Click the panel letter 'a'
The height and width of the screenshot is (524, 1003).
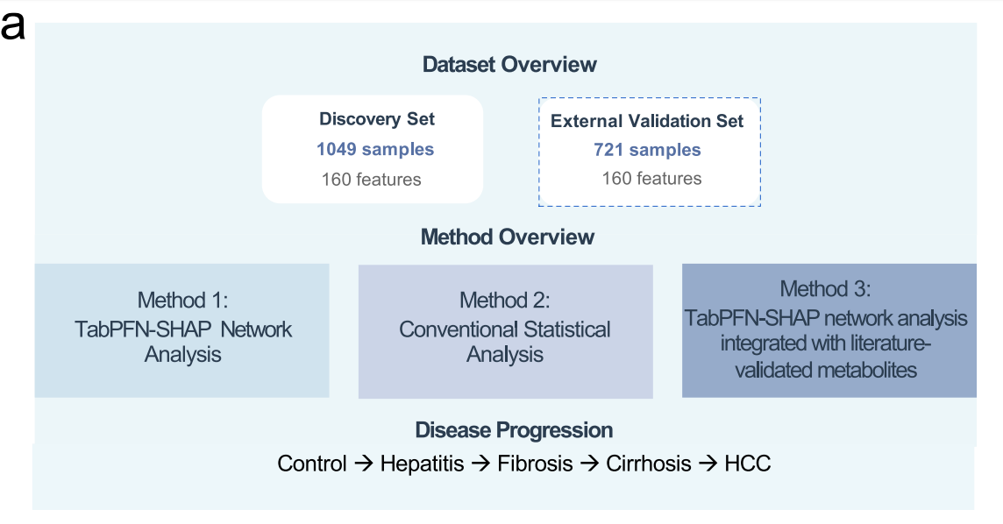pyautogui.click(x=13, y=27)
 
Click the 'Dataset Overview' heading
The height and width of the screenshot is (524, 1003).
pyautogui.click(x=509, y=65)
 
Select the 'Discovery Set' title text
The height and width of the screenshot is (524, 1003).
pyautogui.click(x=377, y=119)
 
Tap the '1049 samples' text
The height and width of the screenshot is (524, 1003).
pyautogui.click(x=375, y=150)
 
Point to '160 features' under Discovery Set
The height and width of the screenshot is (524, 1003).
pyautogui.click(x=371, y=180)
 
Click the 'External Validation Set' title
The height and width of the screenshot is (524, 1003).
pyautogui.click(x=647, y=122)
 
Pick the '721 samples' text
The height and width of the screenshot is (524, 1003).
pyautogui.click(x=647, y=150)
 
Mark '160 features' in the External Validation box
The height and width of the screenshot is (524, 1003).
pyautogui.click(x=651, y=178)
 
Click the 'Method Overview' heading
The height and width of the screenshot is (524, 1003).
pyautogui.click(x=508, y=237)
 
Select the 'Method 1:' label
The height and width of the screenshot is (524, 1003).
pyautogui.click(x=182, y=300)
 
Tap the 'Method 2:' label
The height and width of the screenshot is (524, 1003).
pyautogui.click(x=505, y=300)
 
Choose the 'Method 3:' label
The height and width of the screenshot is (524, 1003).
pyautogui.click(x=825, y=289)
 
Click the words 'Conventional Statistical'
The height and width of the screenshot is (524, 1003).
pyautogui.click(x=505, y=329)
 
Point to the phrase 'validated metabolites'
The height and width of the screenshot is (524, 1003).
pyautogui.click(x=826, y=370)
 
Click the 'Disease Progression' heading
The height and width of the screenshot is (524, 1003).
pyautogui.click(x=514, y=430)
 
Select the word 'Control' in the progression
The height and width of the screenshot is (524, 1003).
pyautogui.click(x=311, y=464)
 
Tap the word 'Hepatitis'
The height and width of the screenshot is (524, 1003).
pyautogui.click(x=423, y=464)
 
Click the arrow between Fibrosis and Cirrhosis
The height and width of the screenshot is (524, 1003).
pyautogui.click(x=589, y=464)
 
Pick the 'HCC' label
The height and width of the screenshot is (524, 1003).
pyautogui.click(x=747, y=464)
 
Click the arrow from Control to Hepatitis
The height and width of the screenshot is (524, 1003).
pyautogui.click(x=363, y=464)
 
